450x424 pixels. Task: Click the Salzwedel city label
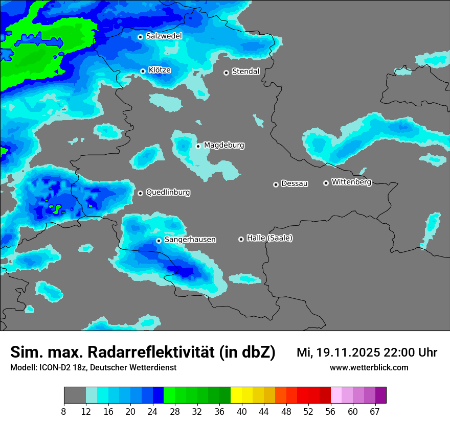coord(164,36)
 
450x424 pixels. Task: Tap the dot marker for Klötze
coord(143,71)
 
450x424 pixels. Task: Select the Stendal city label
coord(245,72)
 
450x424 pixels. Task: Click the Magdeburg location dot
coord(198,146)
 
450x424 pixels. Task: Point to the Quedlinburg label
coord(168,193)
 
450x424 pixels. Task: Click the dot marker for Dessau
coord(276,184)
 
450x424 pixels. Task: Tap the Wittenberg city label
coord(351,182)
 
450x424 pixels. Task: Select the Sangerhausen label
coord(190,240)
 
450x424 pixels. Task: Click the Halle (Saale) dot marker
coord(241,239)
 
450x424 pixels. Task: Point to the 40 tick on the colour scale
coord(242,411)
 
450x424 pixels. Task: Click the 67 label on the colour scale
coord(375,411)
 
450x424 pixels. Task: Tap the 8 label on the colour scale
coord(64,411)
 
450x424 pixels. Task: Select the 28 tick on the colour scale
coord(175,411)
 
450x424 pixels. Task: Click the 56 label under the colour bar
coord(331,411)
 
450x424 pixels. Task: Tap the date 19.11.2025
coord(348,352)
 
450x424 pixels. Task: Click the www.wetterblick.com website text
coord(369,368)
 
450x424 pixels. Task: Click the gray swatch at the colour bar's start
coord(75,395)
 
